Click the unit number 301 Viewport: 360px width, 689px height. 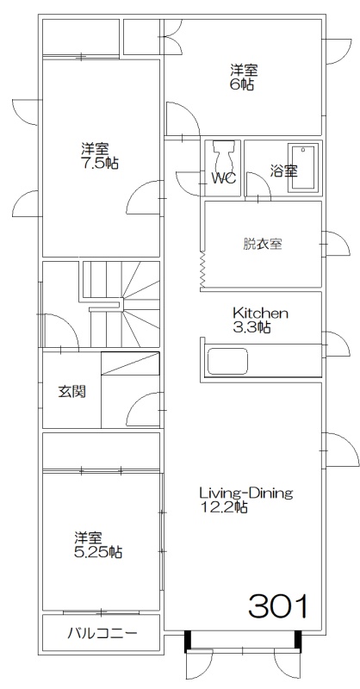pyautogui.click(x=278, y=606)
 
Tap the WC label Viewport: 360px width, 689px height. pyautogui.click(x=224, y=179)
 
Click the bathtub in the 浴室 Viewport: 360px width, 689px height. pyautogui.click(x=303, y=167)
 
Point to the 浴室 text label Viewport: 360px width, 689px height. pyautogui.click(x=283, y=171)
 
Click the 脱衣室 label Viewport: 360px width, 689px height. pyautogui.click(x=263, y=244)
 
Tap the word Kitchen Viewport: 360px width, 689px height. pyautogui.click(x=260, y=313)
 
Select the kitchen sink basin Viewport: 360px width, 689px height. pyautogui.click(x=227, y=361)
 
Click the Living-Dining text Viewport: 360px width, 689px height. pyautogui.click(x=246, y=493)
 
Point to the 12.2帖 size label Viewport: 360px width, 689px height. pyautogui.click(x=223, y=507)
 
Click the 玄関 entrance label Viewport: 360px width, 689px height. pyautogui.click(x=72, y=392)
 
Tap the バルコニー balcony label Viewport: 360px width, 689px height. pyautogui.click(x=102, y=633)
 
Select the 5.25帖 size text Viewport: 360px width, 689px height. pyautogui.click(x=98, y=552)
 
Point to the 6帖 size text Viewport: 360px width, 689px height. pyautogui.click(x=242, y=84)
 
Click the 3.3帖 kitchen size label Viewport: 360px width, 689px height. pyautogui.click(x=251, y=327)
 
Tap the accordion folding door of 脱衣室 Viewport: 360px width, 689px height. pyautogui.click(x=202, y=270)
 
